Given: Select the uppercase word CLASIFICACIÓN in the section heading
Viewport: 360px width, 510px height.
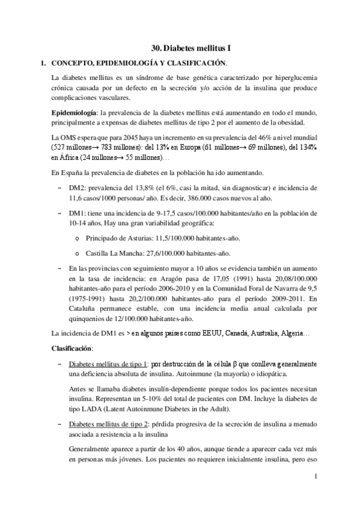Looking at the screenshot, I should (196, 63).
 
